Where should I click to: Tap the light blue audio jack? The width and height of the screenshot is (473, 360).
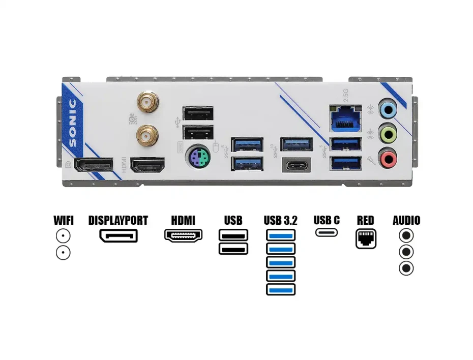pyautogui.click(x=389, y=108)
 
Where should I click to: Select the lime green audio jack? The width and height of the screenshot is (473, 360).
pyautogui.click(x=389, y=134)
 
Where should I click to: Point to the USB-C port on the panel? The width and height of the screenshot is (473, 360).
pyautogui.click(x=297, y=166)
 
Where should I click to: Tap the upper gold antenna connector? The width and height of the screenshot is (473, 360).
pyautogui.click(x=147, y=102)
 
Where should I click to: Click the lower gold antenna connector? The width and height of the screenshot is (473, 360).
pyautogui.click(x=147, y=135)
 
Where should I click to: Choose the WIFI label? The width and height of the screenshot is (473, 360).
pyautogui.click(x=64, y=221)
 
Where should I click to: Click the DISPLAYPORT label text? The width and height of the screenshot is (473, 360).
pyautogui.click(x=118, y=221)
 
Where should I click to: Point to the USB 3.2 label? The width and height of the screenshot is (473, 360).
pyautogui.click(x=280, y=221)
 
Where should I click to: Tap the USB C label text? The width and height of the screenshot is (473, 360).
pyautogui.click(x=327, y=221)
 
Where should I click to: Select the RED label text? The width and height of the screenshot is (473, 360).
pyautogui.click(x=365, y=221)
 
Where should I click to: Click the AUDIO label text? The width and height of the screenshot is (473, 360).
pyautogui.click(x=406, y=221)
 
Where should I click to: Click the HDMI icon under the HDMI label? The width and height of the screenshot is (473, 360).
pyautogui.click(x=183, y=235)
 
